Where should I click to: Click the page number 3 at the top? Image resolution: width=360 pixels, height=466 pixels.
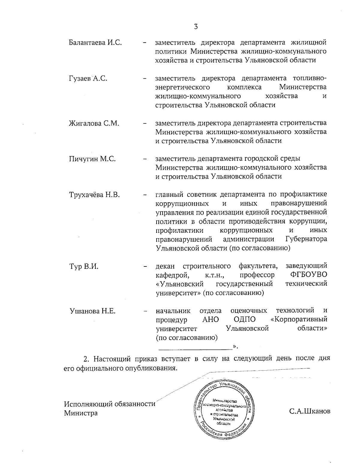(196, 27)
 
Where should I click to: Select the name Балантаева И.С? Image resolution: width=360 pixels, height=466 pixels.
(95, 42)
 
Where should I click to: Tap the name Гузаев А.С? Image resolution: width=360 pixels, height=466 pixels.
(88, 79)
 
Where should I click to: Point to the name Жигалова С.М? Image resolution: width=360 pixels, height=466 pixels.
(94, 123)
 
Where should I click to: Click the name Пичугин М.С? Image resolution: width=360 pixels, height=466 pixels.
(92, 159)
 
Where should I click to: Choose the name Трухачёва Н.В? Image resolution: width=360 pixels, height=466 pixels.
(94, 195)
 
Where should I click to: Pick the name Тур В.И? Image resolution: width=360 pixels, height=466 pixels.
(83, 266)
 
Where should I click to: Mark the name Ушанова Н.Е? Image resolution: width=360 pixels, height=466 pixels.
(92, 311)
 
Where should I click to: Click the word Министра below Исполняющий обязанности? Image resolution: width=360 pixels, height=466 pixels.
(81, 413)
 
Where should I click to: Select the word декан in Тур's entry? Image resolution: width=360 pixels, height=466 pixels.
(166, 266)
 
